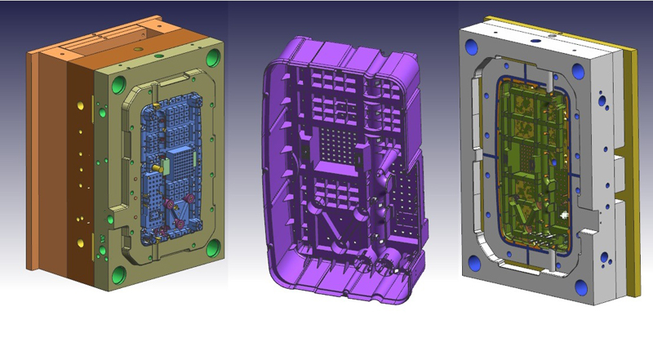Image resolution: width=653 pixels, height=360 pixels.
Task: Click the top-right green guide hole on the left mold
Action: click(x=214, y=58)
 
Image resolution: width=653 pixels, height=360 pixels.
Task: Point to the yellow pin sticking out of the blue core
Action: click(x=153, y=163)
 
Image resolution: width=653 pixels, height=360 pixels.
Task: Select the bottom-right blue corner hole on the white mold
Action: click(x=581, y=287)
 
